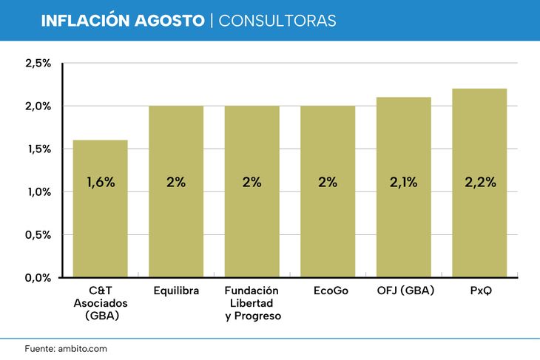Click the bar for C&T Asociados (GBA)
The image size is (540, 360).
[100, 208]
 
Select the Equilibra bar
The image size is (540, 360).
[176, 191]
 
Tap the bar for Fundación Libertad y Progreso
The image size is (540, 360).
[252, 191]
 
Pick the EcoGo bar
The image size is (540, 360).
[328, 191]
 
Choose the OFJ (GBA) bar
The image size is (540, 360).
[404, 187]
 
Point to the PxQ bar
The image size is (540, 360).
[479, 183]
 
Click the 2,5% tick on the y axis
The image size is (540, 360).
[38, 64]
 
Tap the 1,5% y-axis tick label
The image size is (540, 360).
[39, 149]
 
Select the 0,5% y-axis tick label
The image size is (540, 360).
[38, 235]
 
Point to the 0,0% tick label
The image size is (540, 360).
[38, 278]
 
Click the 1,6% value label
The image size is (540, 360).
[101, 182]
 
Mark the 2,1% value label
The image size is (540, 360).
[404, 182]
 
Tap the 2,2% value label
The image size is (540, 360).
[480, 182]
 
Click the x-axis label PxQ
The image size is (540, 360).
[481, 291]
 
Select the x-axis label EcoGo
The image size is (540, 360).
[331, 291]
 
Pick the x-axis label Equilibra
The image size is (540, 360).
[176, 291]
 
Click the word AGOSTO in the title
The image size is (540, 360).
[169, 21]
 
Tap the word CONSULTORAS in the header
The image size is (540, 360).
[277, 21]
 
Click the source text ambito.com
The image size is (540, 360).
[82, 349]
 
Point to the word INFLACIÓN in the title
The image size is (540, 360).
[85, 20]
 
